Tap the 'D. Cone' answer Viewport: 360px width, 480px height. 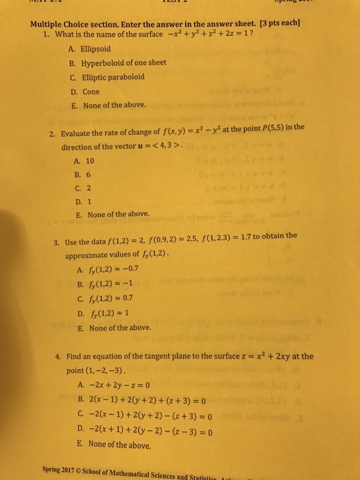tap(84, 91)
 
